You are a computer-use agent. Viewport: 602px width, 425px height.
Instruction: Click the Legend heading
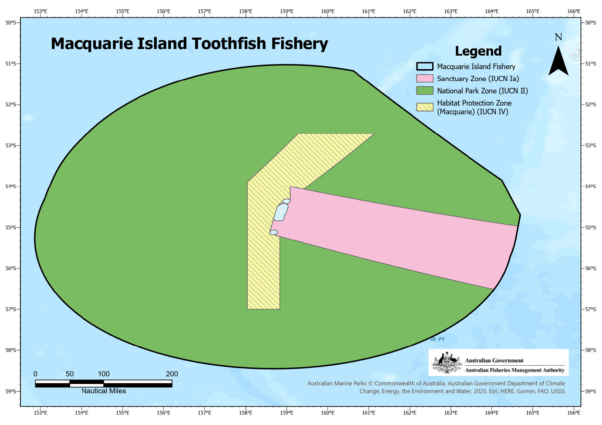[x=478, y=51]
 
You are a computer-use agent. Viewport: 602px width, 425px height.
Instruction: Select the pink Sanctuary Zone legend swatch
[x=424, y=78]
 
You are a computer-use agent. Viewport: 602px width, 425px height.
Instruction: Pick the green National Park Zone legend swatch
[x=424, y=91]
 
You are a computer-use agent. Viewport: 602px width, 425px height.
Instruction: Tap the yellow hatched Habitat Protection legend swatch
[x=424, y=107]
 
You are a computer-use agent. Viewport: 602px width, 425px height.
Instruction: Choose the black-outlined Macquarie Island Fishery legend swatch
[x=424, y=66]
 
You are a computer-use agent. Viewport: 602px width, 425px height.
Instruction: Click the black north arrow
[x=558, y=62]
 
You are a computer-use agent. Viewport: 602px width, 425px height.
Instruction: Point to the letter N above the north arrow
[x=558, y=37]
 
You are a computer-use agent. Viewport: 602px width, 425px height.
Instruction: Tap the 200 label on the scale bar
[x=172, y=374]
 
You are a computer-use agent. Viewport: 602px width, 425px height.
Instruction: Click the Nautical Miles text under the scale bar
[x=104, y=391]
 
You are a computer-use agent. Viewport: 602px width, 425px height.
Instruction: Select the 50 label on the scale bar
[x=69, y=374]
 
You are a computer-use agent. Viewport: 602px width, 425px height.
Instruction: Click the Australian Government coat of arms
[x=447, y=363]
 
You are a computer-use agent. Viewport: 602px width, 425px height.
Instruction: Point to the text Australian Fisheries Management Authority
[x=514, y=370]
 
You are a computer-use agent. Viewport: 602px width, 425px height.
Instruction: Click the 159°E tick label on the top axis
[x=287, y=11]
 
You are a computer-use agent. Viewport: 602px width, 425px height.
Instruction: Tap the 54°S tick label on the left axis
[x=11, y=187]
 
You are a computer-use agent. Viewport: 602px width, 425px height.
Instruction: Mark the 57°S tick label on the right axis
[x=591, y=309]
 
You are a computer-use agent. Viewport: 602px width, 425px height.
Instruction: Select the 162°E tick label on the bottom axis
[x=410, y=413]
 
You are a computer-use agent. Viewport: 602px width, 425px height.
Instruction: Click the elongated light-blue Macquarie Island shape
[x=281, y=212]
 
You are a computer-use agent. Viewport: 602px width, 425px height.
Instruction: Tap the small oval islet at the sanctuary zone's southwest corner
[x=274, y=232]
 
